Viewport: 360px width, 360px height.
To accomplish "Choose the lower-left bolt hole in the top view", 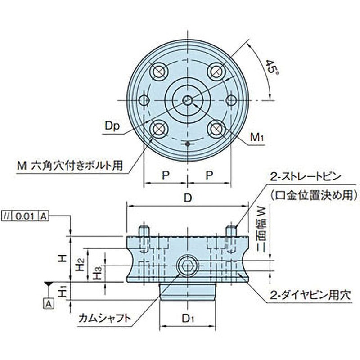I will (158, 129).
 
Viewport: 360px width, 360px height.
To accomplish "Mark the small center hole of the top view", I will (188, 100).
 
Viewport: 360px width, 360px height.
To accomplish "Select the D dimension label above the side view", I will (188, 198).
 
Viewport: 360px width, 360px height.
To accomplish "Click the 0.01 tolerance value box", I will (27, 216).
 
